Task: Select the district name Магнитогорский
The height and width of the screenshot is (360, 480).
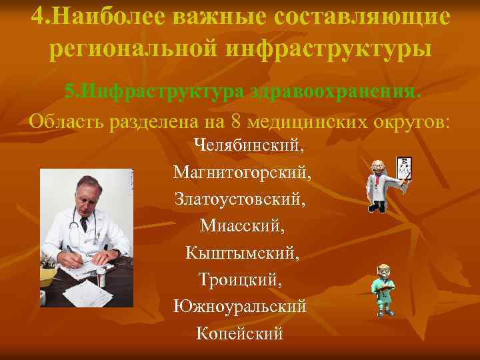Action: pyautogui.click(x=241, y=173)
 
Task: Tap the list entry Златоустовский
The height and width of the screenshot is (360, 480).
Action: pyautogui.click(x=241, y=199)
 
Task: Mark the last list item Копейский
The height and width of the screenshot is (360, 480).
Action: pyautogui.click(x=240, y=332)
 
